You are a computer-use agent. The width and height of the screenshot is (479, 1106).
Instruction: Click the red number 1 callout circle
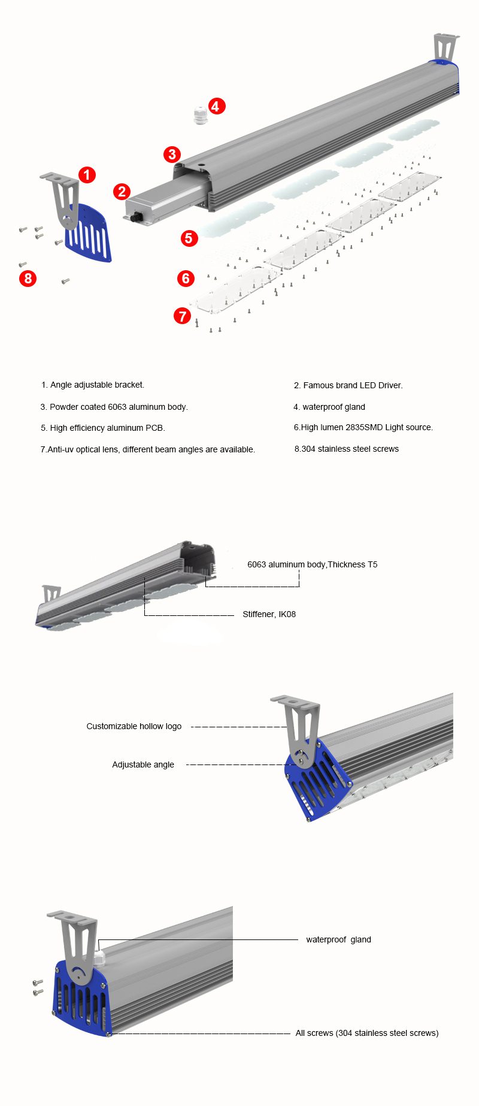point(87,175)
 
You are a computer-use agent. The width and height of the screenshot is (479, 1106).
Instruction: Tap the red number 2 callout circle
point(122,192)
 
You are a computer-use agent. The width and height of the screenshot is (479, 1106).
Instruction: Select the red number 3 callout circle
point(172,155)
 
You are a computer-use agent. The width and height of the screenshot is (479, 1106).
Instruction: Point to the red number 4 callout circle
point(216,107)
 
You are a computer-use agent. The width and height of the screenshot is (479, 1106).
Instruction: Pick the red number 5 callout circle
point(189,238)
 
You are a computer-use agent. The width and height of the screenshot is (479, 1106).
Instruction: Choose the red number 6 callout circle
point(186,279)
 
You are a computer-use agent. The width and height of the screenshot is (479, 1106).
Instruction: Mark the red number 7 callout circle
point(182,316)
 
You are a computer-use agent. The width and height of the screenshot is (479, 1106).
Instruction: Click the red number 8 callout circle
point(28,279)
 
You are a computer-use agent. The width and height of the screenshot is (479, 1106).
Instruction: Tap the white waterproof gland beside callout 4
point(199,114)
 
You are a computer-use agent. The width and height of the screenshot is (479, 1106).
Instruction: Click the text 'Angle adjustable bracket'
point(97,385)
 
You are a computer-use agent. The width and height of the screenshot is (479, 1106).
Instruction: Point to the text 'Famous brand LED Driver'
point(353,385)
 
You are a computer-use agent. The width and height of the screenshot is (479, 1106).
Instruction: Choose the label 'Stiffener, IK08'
point(269,614)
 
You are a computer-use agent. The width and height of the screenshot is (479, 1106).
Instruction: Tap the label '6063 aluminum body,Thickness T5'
point(312,564)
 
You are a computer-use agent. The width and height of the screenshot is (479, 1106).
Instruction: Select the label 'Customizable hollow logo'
point(134,726)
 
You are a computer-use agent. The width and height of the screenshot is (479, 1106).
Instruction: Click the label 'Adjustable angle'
point(143,764)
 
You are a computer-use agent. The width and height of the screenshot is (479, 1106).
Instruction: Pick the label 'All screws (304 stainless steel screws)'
point(366,1033)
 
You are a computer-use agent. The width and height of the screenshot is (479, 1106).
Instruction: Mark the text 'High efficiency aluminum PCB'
point(107,428)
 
